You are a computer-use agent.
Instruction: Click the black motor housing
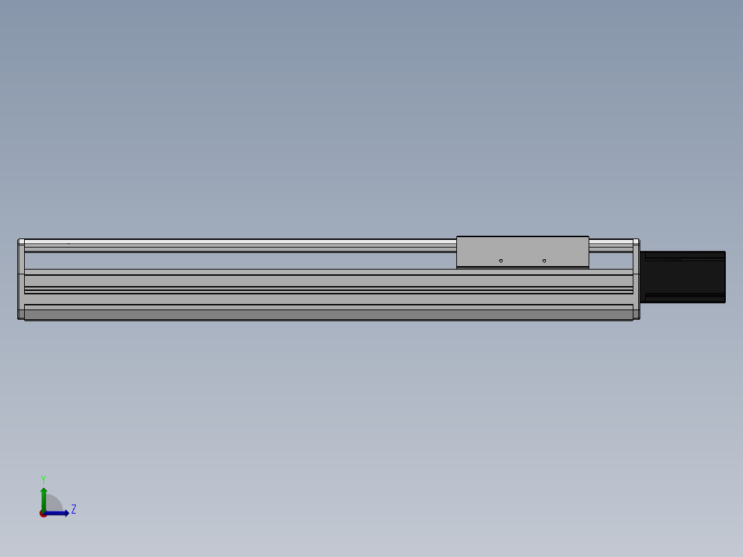point(683,277)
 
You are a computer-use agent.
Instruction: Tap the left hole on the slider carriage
point(501,261)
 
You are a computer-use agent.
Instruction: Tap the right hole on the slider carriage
point(544,261)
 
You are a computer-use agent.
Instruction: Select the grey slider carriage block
point(522,251)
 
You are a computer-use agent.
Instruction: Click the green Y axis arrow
point(43,499)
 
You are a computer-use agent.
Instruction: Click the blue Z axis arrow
point(57,514)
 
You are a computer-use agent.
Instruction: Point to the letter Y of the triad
point(43,479)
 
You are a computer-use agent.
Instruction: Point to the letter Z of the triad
point(74,509)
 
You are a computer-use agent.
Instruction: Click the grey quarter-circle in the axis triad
point(54,503)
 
